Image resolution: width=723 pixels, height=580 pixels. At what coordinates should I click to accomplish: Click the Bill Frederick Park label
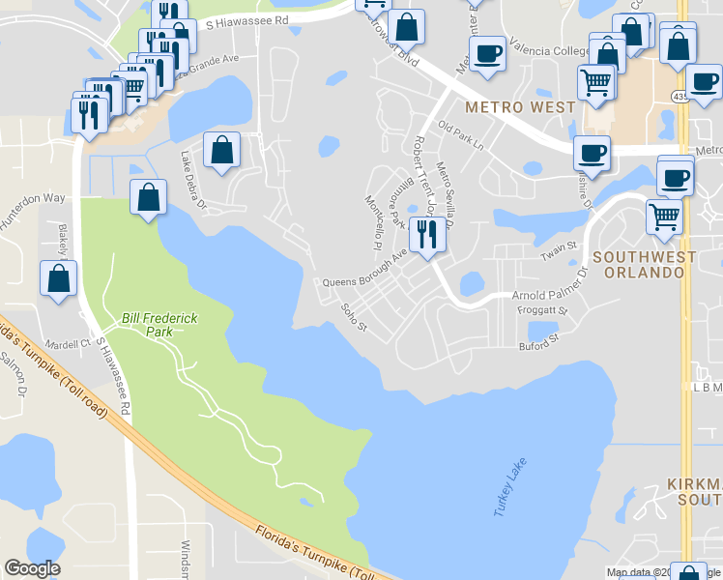pos(148,324)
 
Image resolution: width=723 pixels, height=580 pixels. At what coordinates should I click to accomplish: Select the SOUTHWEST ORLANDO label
pos(645,264)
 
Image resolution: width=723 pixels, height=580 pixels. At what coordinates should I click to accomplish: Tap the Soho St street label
pos(355,315)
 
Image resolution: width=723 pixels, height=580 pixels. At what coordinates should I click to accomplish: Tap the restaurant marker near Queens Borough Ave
pos(425,233)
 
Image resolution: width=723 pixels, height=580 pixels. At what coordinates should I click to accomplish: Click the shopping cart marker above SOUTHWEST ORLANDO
pos(664,216)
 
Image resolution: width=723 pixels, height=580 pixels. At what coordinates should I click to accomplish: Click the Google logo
pos(32,568)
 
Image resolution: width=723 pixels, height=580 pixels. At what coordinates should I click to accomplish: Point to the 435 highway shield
pos(680,97)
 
